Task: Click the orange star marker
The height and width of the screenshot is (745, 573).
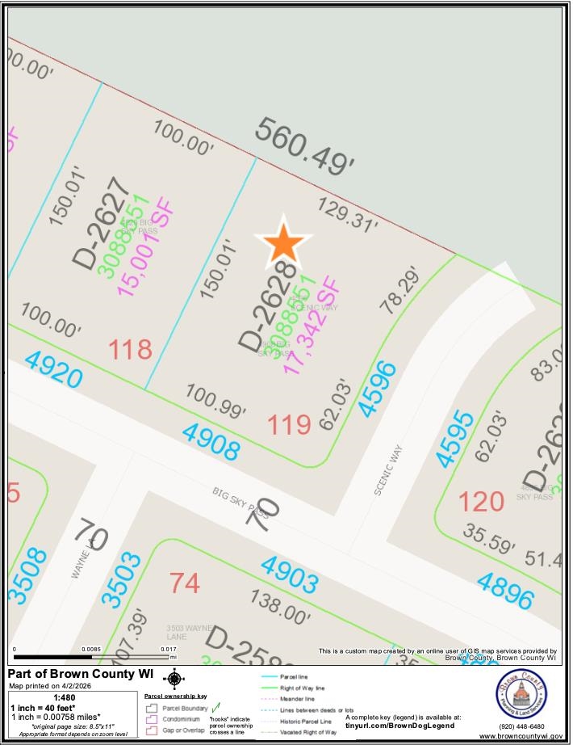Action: point(283,242)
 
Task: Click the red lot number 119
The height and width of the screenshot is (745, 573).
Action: point(289,423)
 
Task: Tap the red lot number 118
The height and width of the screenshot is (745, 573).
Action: point(130,350)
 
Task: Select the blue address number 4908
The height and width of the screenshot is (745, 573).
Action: point(211,441)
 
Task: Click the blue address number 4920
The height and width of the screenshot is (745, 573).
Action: point(53,370)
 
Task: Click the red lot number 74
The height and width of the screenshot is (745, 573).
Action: point(185,583)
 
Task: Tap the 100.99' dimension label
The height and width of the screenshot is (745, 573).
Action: point(215,401)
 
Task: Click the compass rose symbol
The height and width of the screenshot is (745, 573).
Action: point(174,679)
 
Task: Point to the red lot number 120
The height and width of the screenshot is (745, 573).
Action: point(481,501)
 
